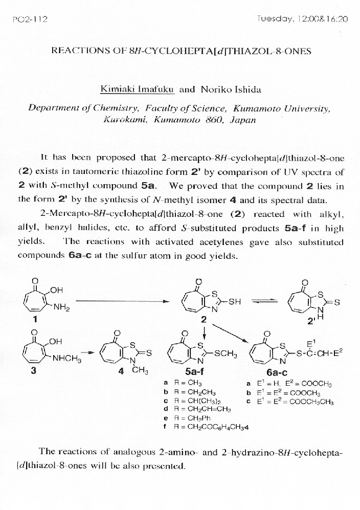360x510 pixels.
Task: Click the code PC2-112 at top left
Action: [x=30, y=19]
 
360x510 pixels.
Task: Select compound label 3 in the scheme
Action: [x=34, y=371]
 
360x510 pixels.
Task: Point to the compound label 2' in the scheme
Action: [x=305, y=321]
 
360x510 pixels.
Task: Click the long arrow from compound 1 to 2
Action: [x=123, y=301]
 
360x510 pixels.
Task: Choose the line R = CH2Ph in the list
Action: [x=191, y=417]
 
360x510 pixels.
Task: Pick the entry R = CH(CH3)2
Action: [x=194, y=400]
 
